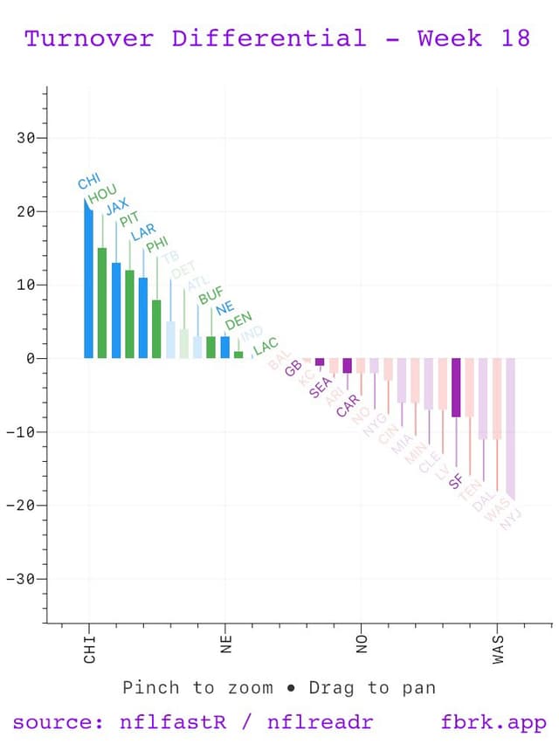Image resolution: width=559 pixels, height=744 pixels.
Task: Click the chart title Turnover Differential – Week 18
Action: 278,38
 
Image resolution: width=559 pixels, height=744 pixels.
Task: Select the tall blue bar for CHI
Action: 88,279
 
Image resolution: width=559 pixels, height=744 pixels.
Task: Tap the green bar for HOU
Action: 102,303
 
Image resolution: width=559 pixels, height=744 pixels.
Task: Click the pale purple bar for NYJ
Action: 510,428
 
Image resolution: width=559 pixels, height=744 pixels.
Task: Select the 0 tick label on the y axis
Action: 30,359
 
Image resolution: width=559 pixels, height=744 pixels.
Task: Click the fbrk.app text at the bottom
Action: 494,723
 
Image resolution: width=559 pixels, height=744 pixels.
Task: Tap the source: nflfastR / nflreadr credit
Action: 192,723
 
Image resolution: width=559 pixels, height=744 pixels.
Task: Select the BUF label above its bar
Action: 211,296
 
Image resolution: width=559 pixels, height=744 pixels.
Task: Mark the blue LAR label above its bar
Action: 143,232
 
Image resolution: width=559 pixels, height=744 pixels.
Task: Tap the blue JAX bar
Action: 116,310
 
